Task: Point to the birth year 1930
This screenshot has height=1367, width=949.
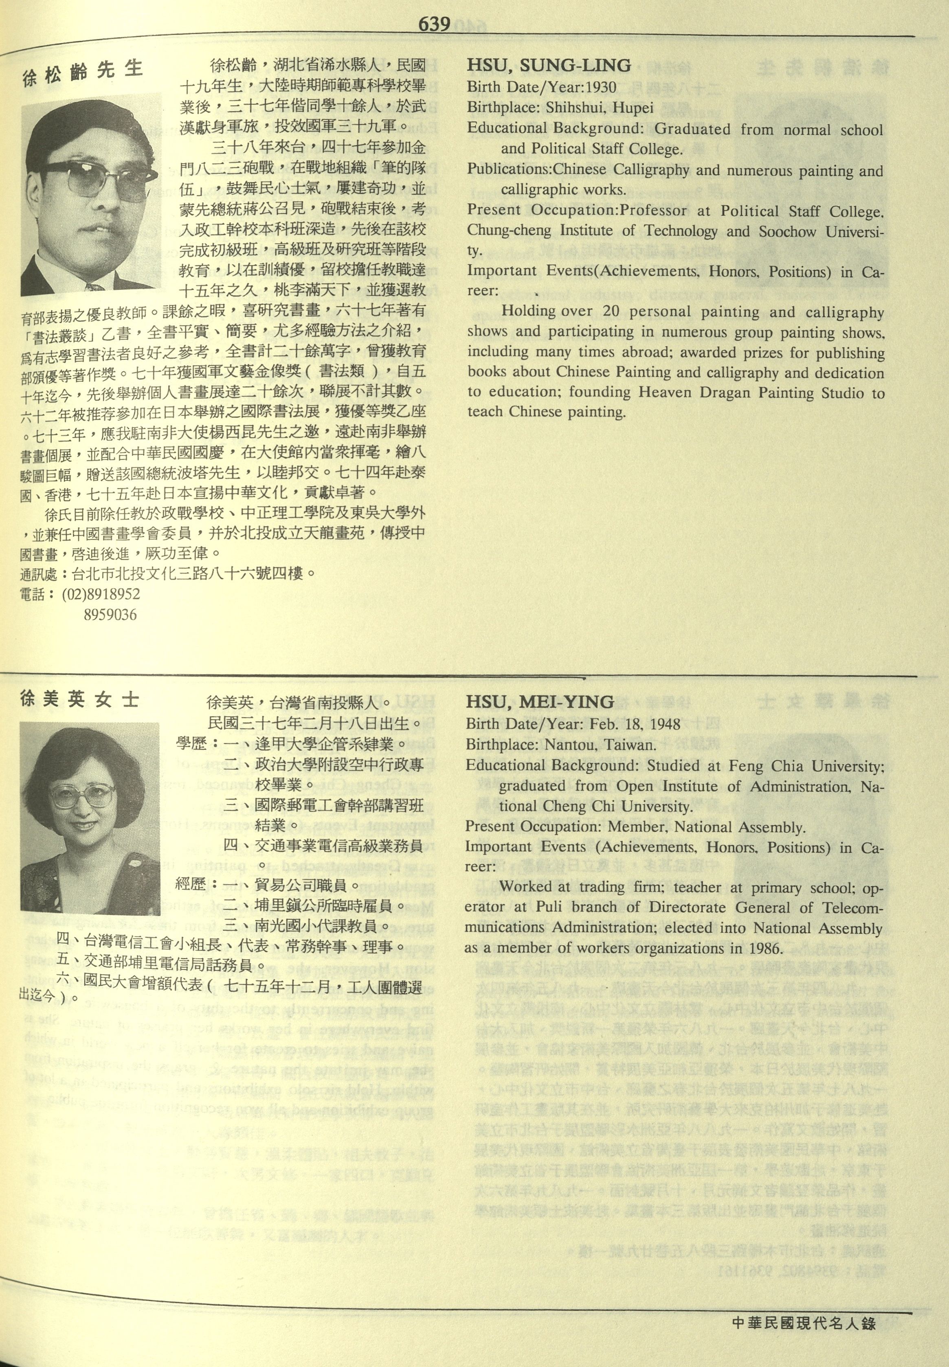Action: click(x=600, y=88)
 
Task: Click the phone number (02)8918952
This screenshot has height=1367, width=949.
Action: click(x=101, y=594)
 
